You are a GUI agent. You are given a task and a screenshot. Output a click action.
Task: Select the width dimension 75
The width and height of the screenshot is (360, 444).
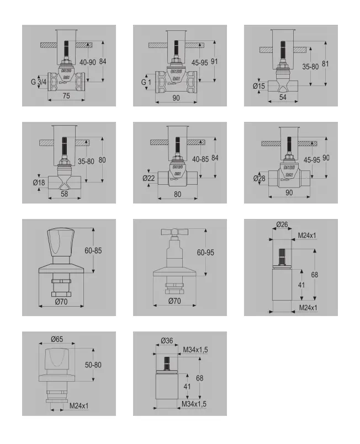pyautogui.click(x=66, y=97)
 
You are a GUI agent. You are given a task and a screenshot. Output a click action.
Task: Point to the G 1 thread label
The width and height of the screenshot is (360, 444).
pyautogui.click(x=146, y=82)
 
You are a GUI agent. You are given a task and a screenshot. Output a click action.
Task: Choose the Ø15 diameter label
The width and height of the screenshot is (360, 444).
pyautogui.click(x=259, y=86)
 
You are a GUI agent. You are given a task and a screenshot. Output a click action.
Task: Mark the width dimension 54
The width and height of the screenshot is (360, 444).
pyautogui.click(x=283, y=97)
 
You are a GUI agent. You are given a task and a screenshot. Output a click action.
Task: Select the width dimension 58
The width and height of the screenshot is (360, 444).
pyautogui.click(x=65, y=194)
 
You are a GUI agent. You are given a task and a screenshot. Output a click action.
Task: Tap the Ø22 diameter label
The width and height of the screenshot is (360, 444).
pyautogui.click(x=149, y=178)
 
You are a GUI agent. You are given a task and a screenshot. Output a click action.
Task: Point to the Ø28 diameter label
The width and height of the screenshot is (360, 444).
pyautogui.click(x=260, y=178)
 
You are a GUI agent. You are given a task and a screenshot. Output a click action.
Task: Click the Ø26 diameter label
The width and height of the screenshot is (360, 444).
pyautogui.click(x=282, y=224)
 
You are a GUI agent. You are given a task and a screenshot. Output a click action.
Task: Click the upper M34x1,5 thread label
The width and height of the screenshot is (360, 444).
pyautogui.click(x=195, y=349)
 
